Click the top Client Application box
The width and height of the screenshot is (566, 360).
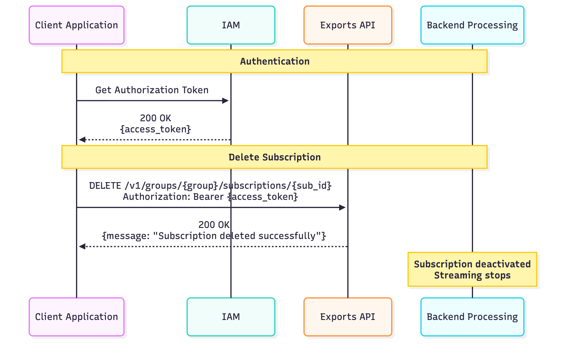click(77, 25)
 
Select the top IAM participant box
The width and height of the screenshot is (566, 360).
click(231, 25)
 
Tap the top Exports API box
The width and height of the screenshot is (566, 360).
click(348, 25)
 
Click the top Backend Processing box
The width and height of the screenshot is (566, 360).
click(472, 25)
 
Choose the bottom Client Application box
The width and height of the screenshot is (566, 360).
click(77, 317)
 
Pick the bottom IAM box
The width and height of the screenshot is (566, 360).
click(231, 317)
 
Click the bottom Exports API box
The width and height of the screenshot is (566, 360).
click(348, 317)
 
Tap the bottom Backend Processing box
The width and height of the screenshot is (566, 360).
click(472, 317)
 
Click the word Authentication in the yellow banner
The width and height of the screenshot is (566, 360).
click(275, 61)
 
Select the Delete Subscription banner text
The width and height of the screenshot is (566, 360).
click(275, 157)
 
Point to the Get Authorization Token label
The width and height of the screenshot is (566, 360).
click(152, 90)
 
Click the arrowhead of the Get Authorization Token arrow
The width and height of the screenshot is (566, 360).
click(225, 101)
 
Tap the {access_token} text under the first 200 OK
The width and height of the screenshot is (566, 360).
click(156, 129)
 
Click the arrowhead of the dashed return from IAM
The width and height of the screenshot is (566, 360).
click(82, 140)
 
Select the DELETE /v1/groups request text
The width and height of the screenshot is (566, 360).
click(210, 186)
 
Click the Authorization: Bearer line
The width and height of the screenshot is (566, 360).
click(210, 197)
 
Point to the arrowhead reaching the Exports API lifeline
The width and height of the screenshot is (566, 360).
click(342, 208)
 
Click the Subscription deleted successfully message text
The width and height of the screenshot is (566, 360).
click(214, 236)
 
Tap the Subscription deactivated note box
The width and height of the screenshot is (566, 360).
click(472, 269)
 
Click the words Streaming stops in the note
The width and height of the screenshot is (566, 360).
click(472, 275)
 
